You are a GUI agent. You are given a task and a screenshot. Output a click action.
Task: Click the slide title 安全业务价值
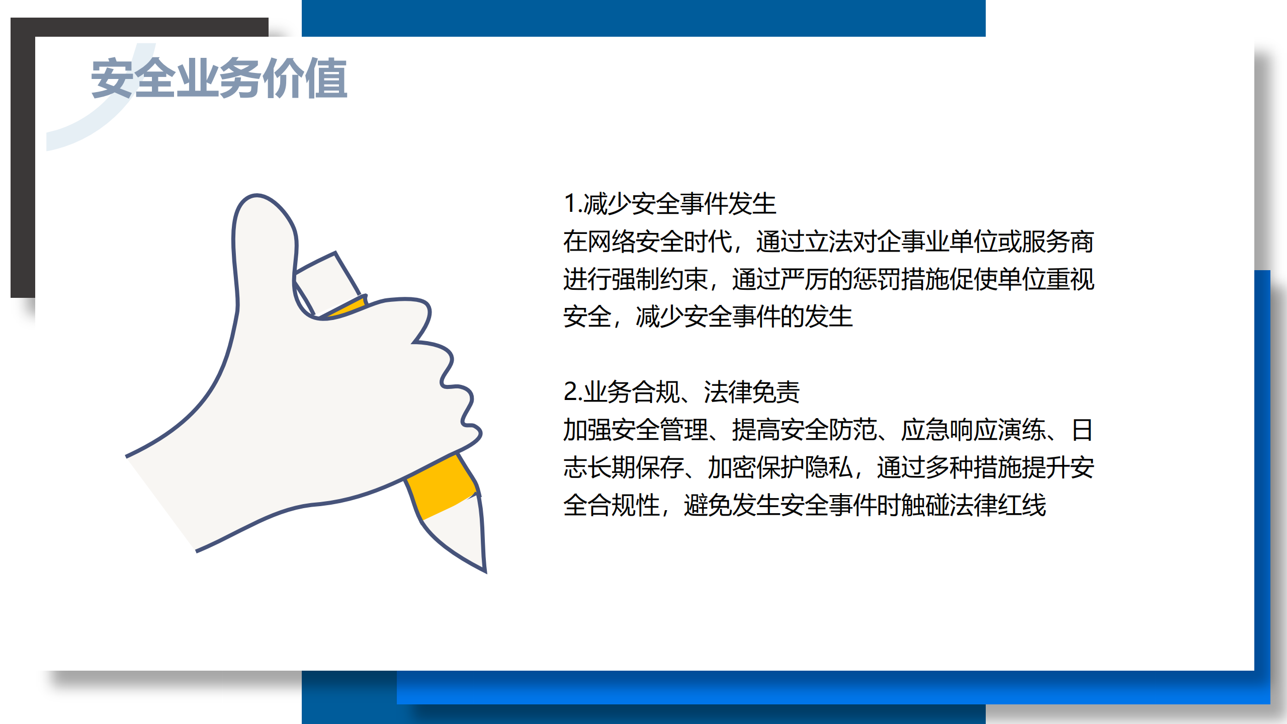[x=219, y=78]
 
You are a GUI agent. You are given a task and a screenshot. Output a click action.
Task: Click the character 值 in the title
[x=326, y=78]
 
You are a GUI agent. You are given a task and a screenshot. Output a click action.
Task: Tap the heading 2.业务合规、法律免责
[x=681, y=392]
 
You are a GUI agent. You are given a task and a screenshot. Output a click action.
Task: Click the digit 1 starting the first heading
[x=570, y=204]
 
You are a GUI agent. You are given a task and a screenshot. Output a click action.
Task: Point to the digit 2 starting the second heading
[x=571, y=392]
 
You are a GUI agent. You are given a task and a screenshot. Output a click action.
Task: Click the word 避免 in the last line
[x=708, y=505]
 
